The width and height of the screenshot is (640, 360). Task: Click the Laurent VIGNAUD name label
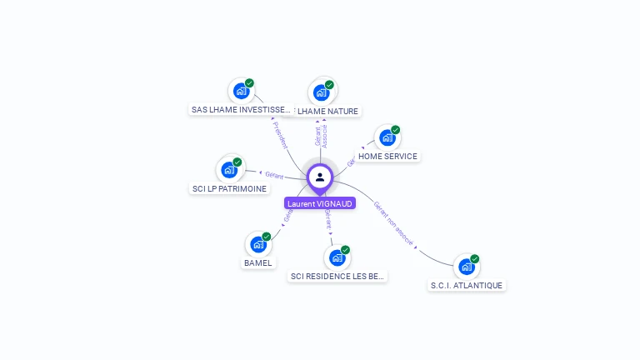click(x=320, y=202)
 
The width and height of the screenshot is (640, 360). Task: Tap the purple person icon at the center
click(x=320, y=177)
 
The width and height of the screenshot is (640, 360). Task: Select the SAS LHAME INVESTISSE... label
click(x=242, y=110)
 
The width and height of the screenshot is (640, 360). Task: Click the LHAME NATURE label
click(x=327, y=111)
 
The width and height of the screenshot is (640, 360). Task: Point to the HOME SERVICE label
click(x=387, y=156)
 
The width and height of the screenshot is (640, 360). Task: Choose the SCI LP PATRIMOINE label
click(x=229, y=188)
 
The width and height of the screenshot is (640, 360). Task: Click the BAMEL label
click(x=257, y=262)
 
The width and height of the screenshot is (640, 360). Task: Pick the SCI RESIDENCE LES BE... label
click(x=338, y=276)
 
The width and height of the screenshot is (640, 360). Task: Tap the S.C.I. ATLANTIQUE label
click(x=466, y=285)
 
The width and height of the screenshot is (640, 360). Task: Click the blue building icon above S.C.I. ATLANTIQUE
click(x=466, y=267)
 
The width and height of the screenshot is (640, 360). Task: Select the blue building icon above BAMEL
click(x=258, y=244)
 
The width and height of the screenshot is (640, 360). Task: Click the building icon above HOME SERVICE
click(x=387, y=137)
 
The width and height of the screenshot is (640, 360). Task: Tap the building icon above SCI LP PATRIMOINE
click(x=229, y=170)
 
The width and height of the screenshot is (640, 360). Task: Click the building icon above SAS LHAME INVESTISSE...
click(x=241, y=91)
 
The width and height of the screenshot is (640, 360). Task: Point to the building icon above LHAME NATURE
click(x=321, y=92)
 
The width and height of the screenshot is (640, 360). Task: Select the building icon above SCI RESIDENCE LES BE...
click(x=337, y=257)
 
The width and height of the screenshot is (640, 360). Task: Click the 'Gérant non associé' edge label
click(x=393, y=225)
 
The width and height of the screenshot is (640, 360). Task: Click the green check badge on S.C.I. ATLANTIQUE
click(x=475, y=258)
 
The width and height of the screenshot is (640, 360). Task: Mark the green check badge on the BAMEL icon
click(x=267, y=237)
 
